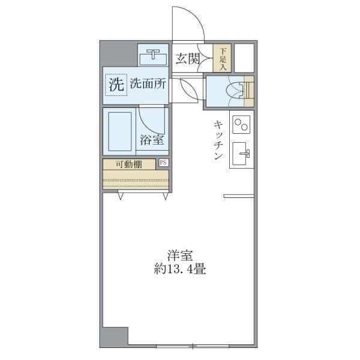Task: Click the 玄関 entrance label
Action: click(x=187, y=58)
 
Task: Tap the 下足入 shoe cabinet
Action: click(x=223, y=58)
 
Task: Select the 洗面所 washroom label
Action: click(x=148, y=84)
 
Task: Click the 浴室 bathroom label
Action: click(x=152, y=140)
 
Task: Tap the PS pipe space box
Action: click(x=163, y=163)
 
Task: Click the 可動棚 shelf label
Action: click(x=129, y=164)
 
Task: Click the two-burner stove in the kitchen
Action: click(x=241, y=125)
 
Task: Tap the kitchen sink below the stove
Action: click(x=242, y=155)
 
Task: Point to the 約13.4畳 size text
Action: click(x=179, y=269)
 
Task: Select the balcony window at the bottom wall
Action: click(x=192, y=346)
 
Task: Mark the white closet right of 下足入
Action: click(x=244, y=58)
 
